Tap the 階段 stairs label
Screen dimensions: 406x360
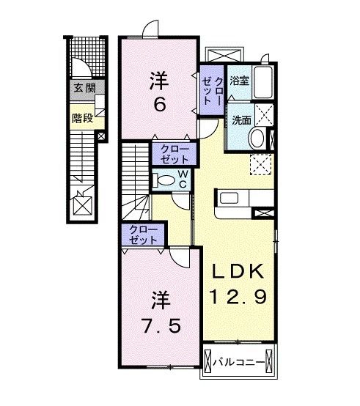pos(82,117)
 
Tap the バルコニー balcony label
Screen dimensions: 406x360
pos(242,361)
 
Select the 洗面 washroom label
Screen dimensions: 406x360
pos(240,118)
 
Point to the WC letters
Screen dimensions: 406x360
pos(183,180)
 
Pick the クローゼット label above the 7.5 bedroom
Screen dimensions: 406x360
pos(143,235)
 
